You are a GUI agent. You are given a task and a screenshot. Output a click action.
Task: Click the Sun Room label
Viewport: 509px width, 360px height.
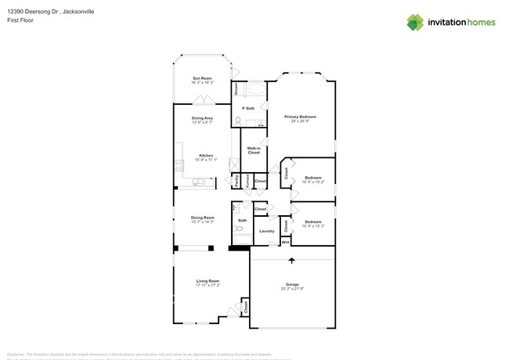202,78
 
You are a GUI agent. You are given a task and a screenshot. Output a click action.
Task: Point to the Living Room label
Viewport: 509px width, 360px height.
208,280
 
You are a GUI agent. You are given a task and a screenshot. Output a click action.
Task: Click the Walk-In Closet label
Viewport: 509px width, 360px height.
254,150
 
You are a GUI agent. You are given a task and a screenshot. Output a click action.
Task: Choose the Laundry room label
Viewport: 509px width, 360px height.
266,231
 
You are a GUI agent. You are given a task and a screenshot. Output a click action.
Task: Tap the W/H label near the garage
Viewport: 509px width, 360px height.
285,243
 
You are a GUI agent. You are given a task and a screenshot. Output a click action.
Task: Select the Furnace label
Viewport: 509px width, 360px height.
247,181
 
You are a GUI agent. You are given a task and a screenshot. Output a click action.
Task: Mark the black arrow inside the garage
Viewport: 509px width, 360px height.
292,261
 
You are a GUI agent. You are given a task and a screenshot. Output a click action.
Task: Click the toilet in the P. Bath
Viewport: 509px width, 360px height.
238,121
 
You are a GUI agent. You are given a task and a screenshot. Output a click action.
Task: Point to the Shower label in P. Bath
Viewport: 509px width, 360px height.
236,88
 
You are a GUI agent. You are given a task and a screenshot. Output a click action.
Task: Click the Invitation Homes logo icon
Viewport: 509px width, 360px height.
415,22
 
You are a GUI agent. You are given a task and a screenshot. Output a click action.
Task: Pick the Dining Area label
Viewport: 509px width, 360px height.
203,117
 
